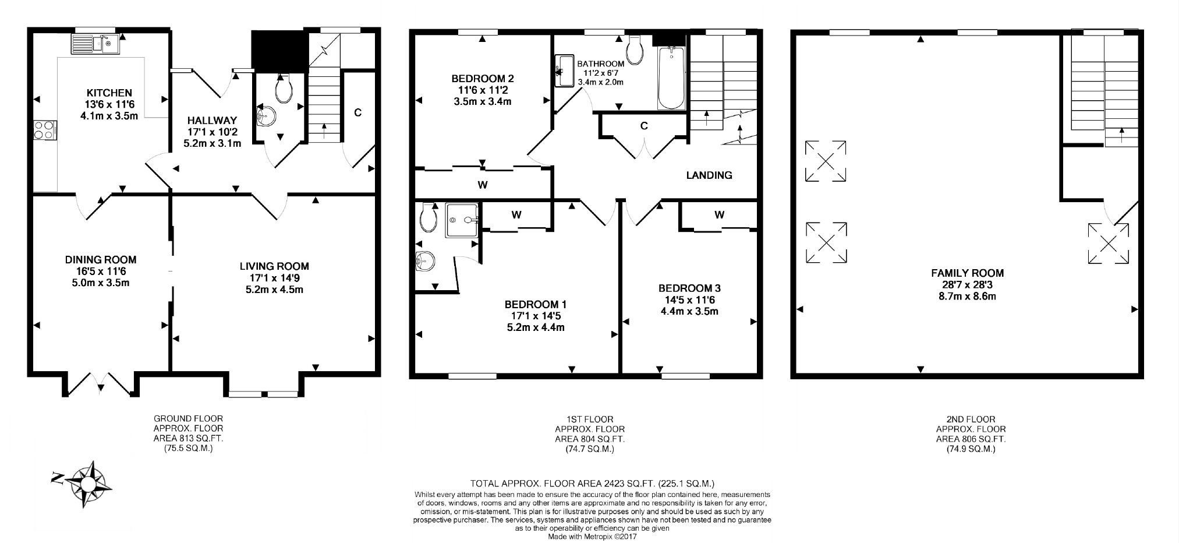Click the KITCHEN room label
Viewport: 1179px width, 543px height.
pyautogui.click(x=109, y=93)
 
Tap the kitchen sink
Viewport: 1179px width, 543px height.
pyautogui.click(x=94, y=43)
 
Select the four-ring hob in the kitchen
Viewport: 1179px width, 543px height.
pyautogui.click(x=45, y=129)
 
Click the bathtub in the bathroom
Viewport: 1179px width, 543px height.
pyautogui.click(x=671, y=78)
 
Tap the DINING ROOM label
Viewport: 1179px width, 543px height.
pyautogui.click(x=101, y=260)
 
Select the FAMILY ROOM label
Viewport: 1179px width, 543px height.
pyautogui.click(x=967, y=273)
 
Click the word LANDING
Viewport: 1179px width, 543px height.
pyautogui.click(x=709, y=175)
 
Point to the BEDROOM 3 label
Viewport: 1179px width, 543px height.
pyautogui.click(x=689, y=288)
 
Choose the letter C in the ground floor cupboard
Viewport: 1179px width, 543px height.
pyautogui.click(x=357, y=112)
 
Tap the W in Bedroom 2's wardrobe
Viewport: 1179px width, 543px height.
pyautogui.click(x=482, y=185)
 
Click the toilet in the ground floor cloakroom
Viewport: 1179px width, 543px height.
pyautogui.click(x=283, y=88)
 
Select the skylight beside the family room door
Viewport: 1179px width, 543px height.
pyautogui.click(x=1109, y=244)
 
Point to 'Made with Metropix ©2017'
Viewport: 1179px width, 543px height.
pyautogui.click(x=593, y=537)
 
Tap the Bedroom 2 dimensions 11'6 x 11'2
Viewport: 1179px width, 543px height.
pyautogui.click(x=483, y=90)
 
